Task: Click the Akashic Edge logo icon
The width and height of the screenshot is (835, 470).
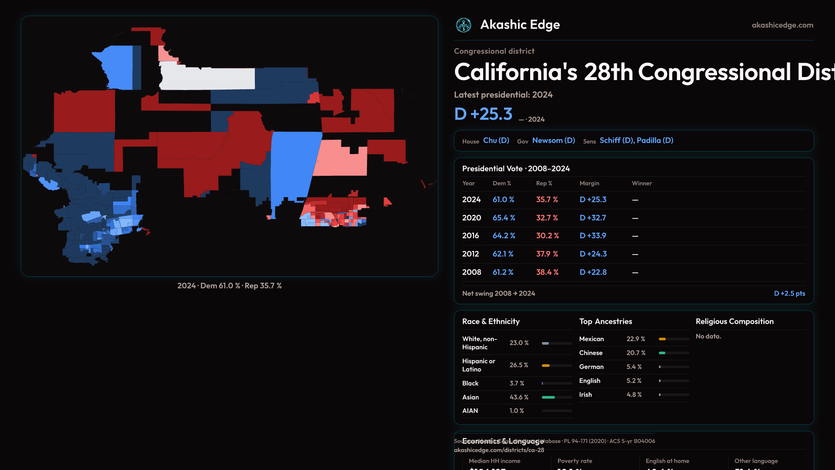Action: coord(464,25)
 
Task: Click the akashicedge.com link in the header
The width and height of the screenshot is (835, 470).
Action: coord(782,25)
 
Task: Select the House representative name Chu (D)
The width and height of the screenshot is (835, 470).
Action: coord(496,141)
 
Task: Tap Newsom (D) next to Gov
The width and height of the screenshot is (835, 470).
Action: coord(553,141)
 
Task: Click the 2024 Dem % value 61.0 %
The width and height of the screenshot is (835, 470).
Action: coord(503,200)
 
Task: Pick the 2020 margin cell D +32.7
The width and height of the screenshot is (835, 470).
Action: coord(593,218)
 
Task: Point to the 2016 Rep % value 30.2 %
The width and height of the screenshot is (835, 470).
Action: coord(547,236)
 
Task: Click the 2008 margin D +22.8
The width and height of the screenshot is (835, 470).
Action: coord(593,272)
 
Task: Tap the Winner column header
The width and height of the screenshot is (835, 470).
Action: coord(641,184)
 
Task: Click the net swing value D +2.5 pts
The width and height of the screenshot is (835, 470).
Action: coord(789,294)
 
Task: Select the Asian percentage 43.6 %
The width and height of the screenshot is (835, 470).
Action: coord(519,397)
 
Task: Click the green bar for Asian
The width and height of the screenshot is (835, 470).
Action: coord(548,397)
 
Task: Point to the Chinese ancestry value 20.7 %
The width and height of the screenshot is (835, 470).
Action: coord(636,353)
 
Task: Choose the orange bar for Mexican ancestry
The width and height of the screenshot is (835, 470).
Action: coord(662,339)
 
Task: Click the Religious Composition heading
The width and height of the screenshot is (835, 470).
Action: coord(735,322)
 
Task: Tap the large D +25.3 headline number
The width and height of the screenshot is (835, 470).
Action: coord(483,114)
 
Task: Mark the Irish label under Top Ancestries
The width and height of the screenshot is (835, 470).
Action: coord(585,395)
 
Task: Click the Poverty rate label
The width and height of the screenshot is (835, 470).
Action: coord(574,461)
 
